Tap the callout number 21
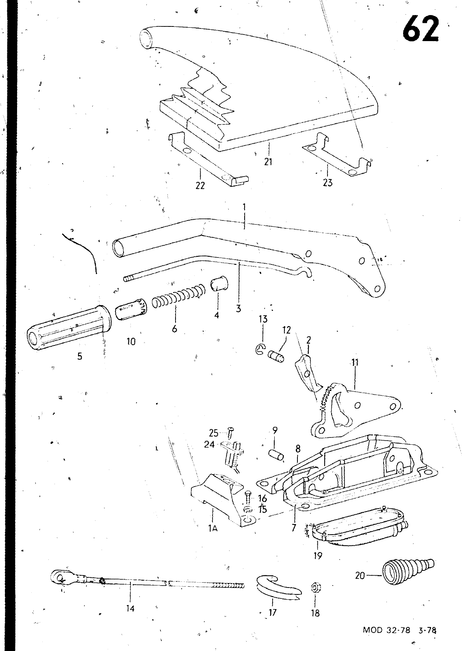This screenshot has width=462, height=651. coord(268,162)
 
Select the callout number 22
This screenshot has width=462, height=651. coord(200,186)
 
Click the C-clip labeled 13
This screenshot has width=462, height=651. coord(260,348)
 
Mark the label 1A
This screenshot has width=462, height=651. coord(213,529)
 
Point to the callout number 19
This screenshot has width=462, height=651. coord(318,556)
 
